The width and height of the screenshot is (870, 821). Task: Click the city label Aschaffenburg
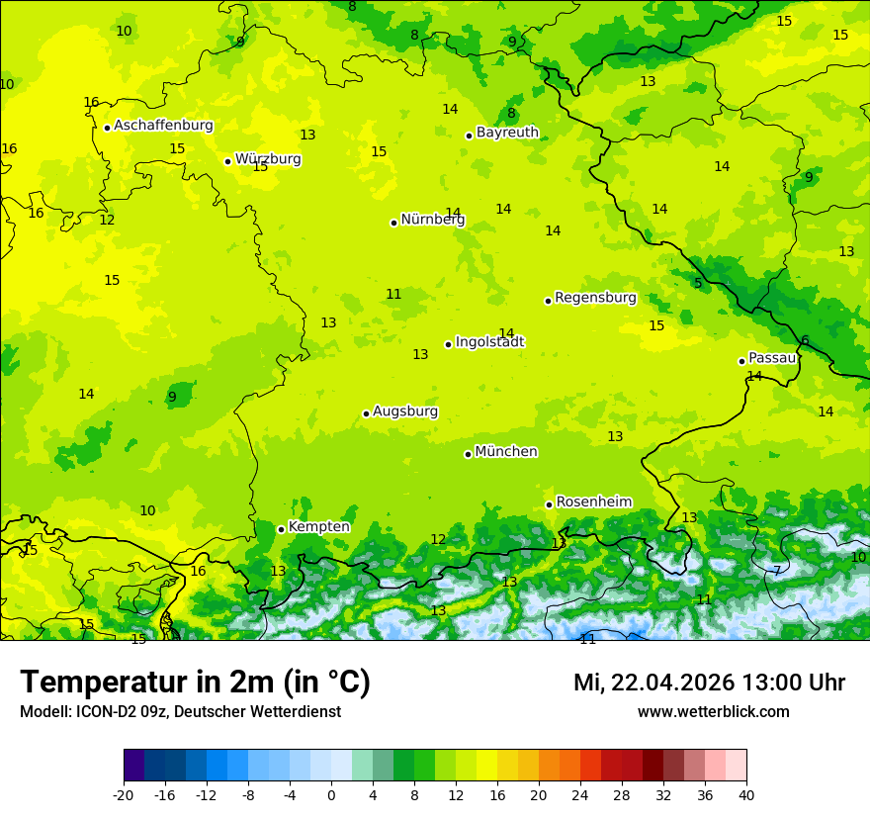pyautogui.click(x=163, y=126)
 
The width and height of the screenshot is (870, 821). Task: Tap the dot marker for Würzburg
pyautogui.click(x=227, y=161)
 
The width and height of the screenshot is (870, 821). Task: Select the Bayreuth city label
pyautogui.click(x=507, y=133)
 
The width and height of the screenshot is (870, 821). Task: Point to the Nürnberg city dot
pyautogui.click(x=393, y=223)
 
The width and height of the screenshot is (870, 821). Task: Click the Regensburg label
pyautogui.click(x=595, y=298)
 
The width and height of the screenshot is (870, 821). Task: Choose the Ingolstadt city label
pyautogui.click(x=489, y=342)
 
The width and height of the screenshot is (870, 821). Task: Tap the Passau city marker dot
pyautogui.click(x=741, y=361)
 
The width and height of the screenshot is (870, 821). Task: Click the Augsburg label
pyautogui.click(x=405, y=411)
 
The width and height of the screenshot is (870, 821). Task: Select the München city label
pyautogui.click(x=506, y=452)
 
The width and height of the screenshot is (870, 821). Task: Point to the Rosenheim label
pyautogui.click(x=593, y=502)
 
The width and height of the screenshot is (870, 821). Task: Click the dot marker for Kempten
pyautogui.click(x=281, y=529)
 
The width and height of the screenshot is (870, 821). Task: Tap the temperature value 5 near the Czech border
pyautogui.click(x=697, y=283)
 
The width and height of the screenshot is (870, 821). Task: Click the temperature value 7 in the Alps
pyautogui.click(x=776, y=571)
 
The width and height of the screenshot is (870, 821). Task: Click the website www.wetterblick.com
pyautogui.click(x=713, y=712)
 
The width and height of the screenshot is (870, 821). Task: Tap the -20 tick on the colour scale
pyautogui.click(x=124, y=794)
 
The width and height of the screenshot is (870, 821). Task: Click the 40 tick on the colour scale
pyautogui.click(x=745, y=794)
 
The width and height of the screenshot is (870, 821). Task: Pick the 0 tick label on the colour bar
pyautogui.click(x=331, y=794)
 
